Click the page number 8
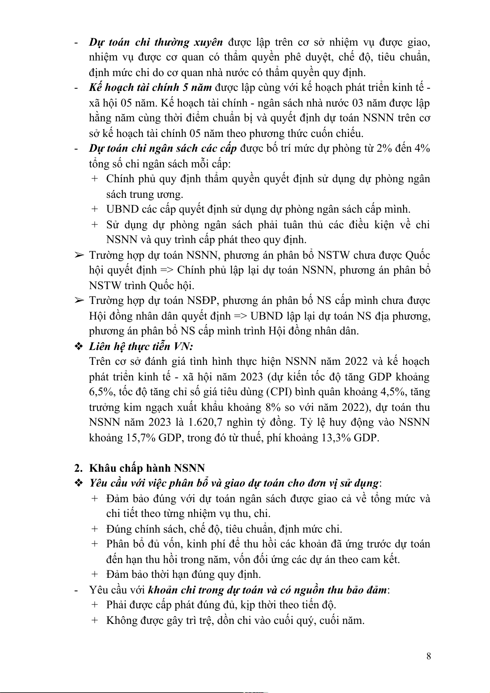click(x=429, y=656)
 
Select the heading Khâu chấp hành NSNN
click(x=147, y=468)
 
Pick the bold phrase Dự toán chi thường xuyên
click(x=156, y=42)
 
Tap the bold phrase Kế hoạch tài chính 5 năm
click(x=150, y=88)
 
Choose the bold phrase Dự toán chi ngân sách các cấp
click(x=163, y=148)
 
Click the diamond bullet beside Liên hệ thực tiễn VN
click(x=78, y=346)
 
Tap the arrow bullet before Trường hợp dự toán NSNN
click(x=78, y=255)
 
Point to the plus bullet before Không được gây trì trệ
click(x=95, y=620)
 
